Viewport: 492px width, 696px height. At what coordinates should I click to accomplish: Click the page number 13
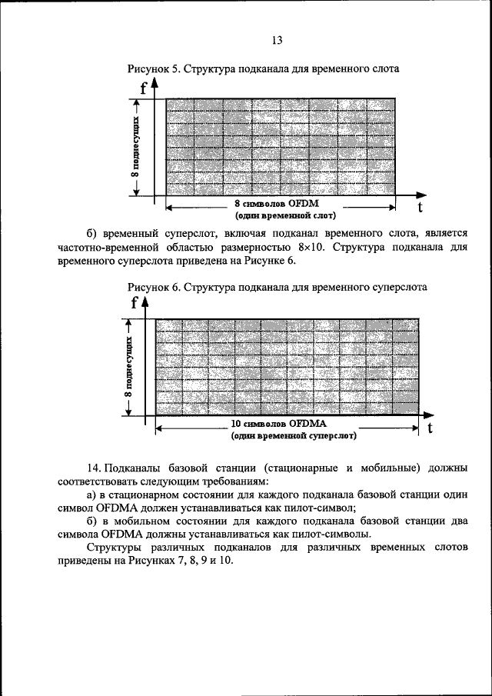pyautogui.click(x=278, y=40)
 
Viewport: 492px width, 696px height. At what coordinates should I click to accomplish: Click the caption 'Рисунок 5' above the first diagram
pyautogui.click(x=152, y=68)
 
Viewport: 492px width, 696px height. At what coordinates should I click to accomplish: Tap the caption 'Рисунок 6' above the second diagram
pyautogui.click(x=152, y=286)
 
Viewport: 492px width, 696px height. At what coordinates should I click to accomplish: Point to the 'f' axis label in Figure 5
pyautogui.click(x=144, y=87)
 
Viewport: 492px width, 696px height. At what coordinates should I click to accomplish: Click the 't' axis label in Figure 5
pyautogui.click(x=421, y=208)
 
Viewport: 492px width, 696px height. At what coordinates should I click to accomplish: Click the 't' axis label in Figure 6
pyautogui.click(x=430, y=428)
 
